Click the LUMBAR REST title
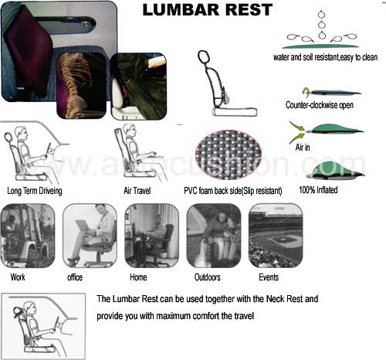point(208,10)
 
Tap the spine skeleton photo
point(81,86)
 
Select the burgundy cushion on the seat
point(29,50)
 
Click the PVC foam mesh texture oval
point(229,155)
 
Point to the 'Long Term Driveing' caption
point(35,191)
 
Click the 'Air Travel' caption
point(137,191)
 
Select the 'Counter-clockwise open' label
point(320,105)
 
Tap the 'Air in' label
point(303,148)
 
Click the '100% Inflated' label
point(318,190)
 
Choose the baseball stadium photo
point(276,236)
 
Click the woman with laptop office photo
point(90,236)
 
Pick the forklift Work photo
point(27,236)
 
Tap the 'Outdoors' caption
point(208,277)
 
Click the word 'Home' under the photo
point(138,277)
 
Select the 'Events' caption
point(269,277)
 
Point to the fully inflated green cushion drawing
point(335,170)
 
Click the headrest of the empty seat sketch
point(204,56)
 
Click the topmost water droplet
point(321,14)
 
